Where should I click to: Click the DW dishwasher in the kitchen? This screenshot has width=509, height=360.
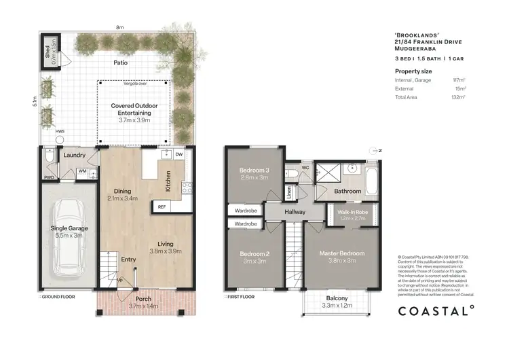tap(178, 155)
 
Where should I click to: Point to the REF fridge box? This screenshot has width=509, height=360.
tap(162, 206)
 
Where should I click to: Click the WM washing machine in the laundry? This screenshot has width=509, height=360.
tap(81, 172)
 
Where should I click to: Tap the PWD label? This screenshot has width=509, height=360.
tap(49, 178)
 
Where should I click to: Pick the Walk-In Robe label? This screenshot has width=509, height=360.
tap(351, 213)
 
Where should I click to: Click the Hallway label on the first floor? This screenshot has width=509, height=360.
tap(295, 212)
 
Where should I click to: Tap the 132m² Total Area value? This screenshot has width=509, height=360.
tap(460, 97)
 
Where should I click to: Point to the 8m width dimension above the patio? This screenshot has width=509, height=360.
tap(119, 27)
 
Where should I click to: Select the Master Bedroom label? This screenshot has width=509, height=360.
tap(342, 253)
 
